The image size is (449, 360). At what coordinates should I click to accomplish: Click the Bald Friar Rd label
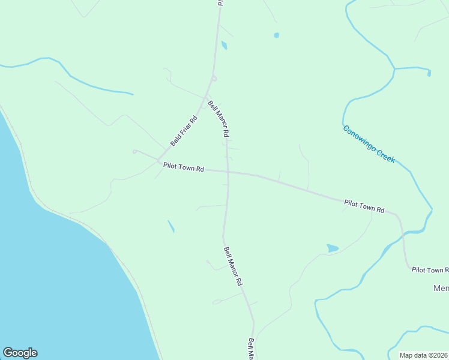click(x=184, y=131)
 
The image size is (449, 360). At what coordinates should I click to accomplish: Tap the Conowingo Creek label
click(x=369, y=144)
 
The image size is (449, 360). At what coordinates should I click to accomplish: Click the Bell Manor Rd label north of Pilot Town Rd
click(x=218, y=118)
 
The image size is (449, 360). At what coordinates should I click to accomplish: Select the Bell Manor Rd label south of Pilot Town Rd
click(x=232, y=266)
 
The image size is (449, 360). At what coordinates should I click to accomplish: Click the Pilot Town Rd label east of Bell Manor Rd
click(x=364, y=206)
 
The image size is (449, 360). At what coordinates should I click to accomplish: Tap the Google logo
click(x=20, y=353)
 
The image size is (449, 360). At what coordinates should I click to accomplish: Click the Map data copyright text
click(x=424, y=355)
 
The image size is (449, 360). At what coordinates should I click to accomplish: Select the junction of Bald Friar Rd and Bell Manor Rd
click(x=205, y=98)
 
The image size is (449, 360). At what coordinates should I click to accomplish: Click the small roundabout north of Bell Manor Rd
click(x=214, y=78)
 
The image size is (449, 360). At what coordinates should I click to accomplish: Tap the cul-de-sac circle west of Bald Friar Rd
click(x=135, y=151)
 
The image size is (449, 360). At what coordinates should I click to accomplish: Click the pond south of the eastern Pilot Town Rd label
click(x=332, y=248)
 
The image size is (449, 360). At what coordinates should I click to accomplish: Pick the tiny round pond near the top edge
click(x=276, y=35)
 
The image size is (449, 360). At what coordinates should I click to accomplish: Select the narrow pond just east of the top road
click(x=224, y=45)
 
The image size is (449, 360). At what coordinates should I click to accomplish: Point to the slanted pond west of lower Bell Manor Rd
click(x=171, y=226)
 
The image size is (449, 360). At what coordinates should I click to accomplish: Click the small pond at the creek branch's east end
click(x=429, y=73)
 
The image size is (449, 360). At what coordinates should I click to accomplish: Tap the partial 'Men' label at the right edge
click(x=441, y=289)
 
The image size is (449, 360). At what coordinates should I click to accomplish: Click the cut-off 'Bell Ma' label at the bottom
click(x=252, y=349)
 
